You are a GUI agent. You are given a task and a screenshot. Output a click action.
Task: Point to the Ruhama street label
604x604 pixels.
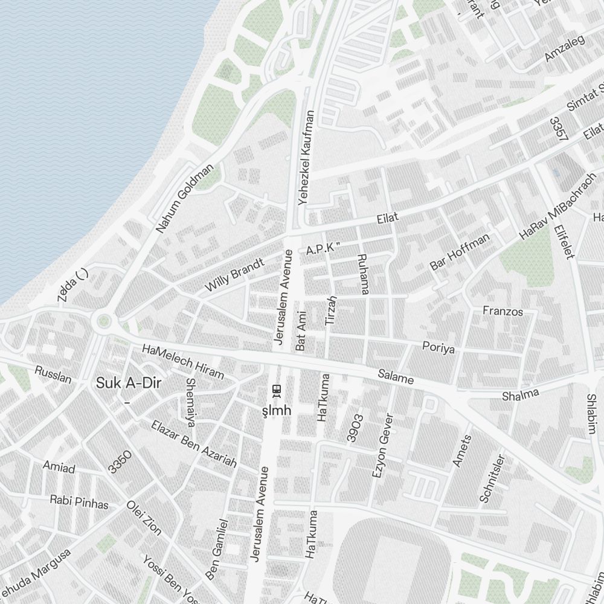pos(363,274)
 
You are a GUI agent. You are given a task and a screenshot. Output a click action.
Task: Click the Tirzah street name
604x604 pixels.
pos(331,311)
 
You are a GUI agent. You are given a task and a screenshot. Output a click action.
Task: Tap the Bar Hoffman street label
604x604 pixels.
pos(460,252)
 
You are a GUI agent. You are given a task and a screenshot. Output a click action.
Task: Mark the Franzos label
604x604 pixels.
pos(503,312)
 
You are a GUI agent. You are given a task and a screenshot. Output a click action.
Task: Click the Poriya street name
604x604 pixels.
pos(438,349)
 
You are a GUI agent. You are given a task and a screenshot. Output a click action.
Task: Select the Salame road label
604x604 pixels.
pos(396,377)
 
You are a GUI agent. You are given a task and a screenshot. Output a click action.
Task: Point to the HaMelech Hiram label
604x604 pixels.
pos(182,362)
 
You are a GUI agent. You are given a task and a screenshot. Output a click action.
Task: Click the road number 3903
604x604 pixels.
pos(356,428)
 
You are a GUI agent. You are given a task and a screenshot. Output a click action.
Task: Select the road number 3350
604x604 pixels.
pos(120,461)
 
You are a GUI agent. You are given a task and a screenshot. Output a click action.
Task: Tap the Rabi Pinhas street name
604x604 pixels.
pos(79,502)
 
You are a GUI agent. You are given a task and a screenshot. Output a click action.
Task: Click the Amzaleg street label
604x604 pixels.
pos(565,47)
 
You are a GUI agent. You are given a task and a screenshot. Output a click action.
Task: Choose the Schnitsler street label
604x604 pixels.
pos(491,478)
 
